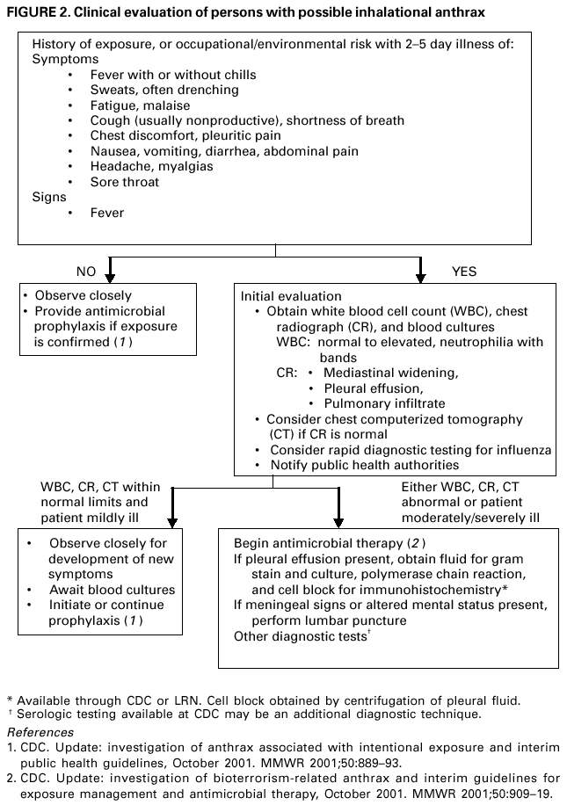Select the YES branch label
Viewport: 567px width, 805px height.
coord(463,272)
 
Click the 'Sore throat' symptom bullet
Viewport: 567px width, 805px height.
coord(125,182)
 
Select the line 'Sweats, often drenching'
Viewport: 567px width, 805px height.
coord(164,90)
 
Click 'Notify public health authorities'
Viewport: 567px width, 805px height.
coord(364,465)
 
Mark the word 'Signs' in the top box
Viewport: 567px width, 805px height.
coord(49,198)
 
